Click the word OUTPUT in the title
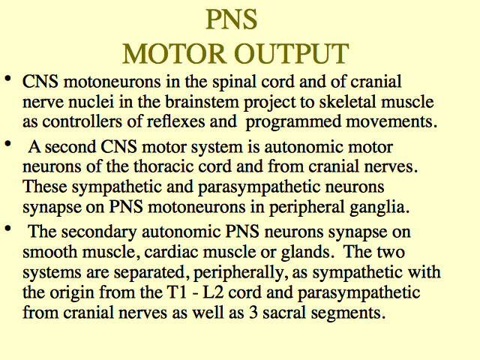tap(292, 54)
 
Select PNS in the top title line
tap(232, 19)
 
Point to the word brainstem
tap(202, 102)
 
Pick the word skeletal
tap(347, 102)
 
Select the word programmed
tap(293, 122)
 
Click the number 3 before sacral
tap(253, 313)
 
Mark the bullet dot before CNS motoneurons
tap(8, 79)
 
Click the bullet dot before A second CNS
tap(8, 144)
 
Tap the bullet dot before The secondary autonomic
tap(8, 229)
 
